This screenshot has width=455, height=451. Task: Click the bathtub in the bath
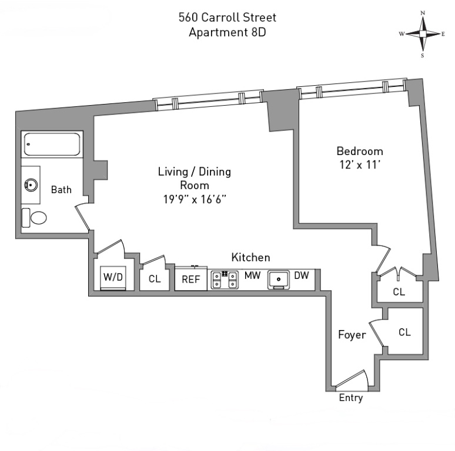pyautogui.click(x=52, y=145)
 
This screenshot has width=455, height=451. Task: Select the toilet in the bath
pyautogui.click(x=36, y=218)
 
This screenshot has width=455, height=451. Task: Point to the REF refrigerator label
pyautogui.click(x=190, y=280)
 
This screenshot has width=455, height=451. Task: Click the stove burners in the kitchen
pyautogui.click(x=224, y=280)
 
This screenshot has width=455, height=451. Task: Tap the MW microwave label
pyautogui.click(x=253, y=275)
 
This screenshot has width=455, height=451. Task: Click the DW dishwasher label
pyautogui.click(x=302, y=275)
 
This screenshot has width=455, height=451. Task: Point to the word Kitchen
pyautogui.click(x=250, y=257)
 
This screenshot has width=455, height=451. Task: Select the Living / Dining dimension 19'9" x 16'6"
pyautogui.click(x=195, y=199)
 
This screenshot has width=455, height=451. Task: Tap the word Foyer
pyautogui.click(x=352, y=335)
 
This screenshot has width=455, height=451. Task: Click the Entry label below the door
pyautogui.click(x=351, y=398)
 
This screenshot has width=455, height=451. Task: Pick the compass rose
pyautogui.click(x=423, y=33)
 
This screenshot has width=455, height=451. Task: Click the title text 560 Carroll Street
pyautogui.click(x=227, y=17)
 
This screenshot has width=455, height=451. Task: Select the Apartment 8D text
pyautogui.click(x=227, y=32)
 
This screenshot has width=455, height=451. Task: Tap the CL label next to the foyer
pyautogui.click(x=404, y=332)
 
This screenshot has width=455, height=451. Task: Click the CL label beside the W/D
pyautogui.click(x=155, y=279)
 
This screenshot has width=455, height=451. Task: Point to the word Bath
pyautogui.click(x=61, y=190)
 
